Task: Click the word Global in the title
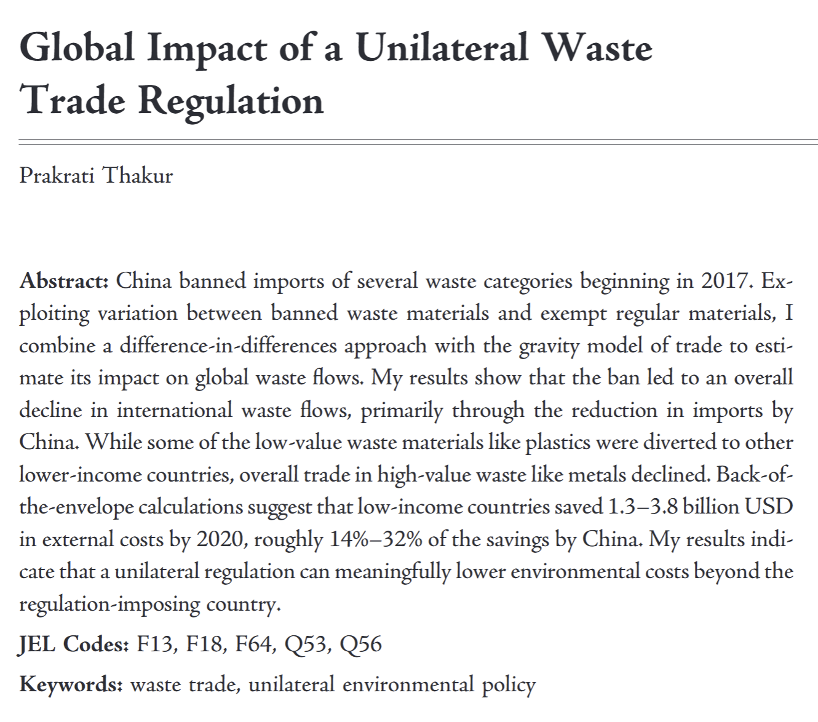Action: pyautogui.click(x=77, y=48)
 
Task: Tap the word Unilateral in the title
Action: pyautogui.click(x=442, y=48)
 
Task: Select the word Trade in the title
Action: pyautogui.click(x=73, y=100)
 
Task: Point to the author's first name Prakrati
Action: pyautogui.click(x=57, y=176)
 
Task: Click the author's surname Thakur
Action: pyautogui.click(x=137, y=176)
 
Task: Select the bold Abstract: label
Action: pyautogui.click(x=64, y=281)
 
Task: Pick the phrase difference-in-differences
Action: pyautogui.click(x=228, y=346)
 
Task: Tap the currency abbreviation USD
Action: pyautogui.click(x=769, y=507)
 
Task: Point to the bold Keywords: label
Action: pyautogui.click(x=71, y=684)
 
